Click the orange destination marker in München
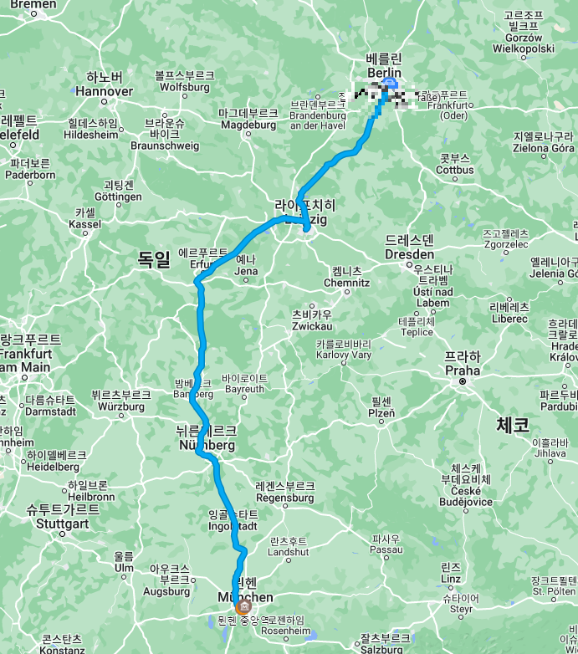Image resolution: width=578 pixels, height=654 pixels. click(x=243, y=606)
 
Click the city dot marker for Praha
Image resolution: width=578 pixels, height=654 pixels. click(x=462, y=381)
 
